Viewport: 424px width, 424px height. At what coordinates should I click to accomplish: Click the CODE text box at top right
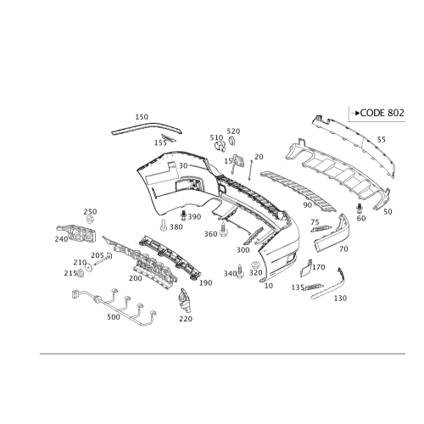377,111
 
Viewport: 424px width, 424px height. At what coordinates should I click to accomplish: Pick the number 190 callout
204,282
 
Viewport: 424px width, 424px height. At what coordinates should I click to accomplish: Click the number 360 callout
211,234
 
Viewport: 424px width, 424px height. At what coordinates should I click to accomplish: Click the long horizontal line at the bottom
212,352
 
